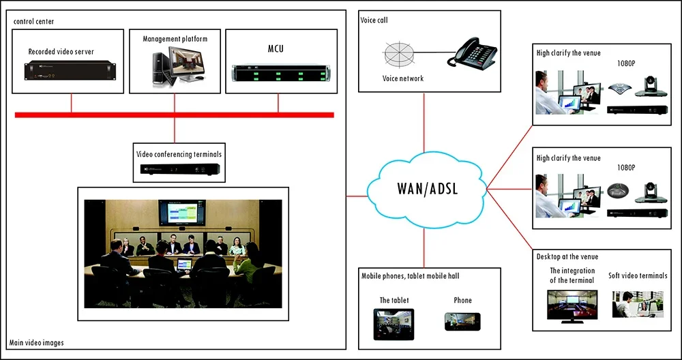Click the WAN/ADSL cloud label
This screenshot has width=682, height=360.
pyautogui.click(x=427, y=189)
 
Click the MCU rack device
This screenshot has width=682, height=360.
pyautogui.click(x=282, y=72)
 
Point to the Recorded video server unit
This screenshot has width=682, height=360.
pyautogui.click(x=70, y=71)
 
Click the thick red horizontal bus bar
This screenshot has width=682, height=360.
pyautogui.click(x=175, y=115)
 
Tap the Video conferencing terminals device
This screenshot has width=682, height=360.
pyautogui.click(x=179, y=168)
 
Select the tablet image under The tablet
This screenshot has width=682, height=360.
pyautogui.click(x=394, y=324)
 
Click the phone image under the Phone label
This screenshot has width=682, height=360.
pyautogui.click(x=462, y=322)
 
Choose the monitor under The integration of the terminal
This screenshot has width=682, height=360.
pyautogui.click(x=572, y=307)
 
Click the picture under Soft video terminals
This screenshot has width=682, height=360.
pyautogui.click(x=638, y=304)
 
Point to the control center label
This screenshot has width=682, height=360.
pyautogui.click(x=34, y=21)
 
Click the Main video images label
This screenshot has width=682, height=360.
pyautogui.click(x=37, y=342)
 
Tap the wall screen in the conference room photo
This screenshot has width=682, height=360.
pyautogui.click(x=182, y=213)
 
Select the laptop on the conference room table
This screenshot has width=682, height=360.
pyautogui.click(x=184, y=264)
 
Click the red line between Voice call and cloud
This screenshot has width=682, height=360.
pyautogui.click(x=424, y=122)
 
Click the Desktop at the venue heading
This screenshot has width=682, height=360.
pyautogui.click(x=567, y=256)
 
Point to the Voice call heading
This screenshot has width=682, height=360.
pyautogui.click(x=374, y=20)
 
